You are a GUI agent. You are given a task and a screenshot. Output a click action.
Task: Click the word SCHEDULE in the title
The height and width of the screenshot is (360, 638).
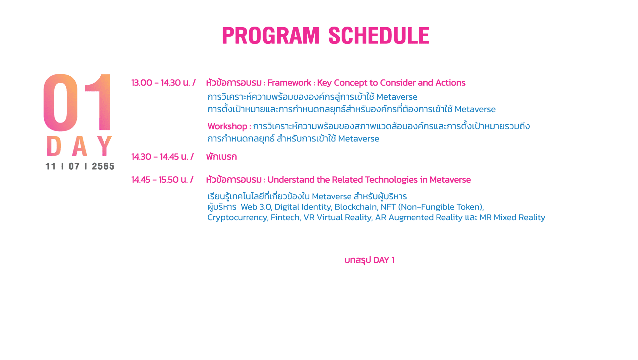[379, 36]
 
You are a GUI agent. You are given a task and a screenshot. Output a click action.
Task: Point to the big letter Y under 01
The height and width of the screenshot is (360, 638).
[105, 146]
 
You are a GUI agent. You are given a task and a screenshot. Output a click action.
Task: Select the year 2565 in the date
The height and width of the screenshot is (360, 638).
[103, 166]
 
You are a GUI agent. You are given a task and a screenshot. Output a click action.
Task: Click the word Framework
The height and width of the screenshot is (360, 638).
[289, 83]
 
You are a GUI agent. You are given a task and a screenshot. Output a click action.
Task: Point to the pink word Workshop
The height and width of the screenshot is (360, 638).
[227, 127]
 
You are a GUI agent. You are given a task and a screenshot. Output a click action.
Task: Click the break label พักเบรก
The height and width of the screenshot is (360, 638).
[221, 157]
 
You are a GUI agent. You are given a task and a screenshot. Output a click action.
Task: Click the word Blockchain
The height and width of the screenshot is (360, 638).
[356, 207]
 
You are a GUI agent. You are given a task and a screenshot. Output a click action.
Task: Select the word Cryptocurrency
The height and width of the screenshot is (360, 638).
[237, 218]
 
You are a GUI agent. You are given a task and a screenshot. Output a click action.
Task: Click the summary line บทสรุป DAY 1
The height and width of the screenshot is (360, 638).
[369, 260]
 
